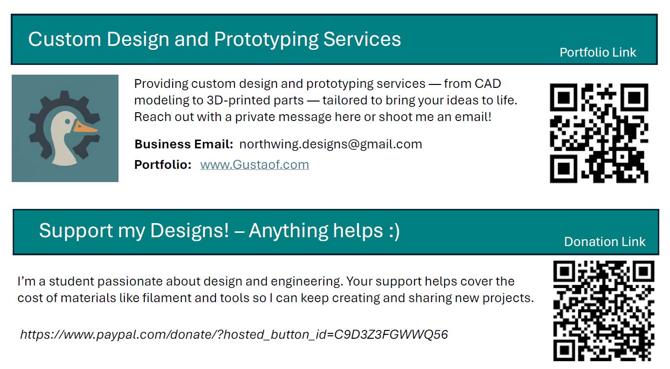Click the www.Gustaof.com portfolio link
(x=255, y=165)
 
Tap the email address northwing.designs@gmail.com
(x=331, y=144)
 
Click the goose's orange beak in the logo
(x=85, y=127)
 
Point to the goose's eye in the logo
(x=68, y=122)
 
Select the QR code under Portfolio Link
(x=599, y=133)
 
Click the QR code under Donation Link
(x=604, y=311)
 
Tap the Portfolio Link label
(x=598, y=52)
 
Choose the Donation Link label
(x=605, y=242)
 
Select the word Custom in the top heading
(x=64, y=39)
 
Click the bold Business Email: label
(x=184, y=144)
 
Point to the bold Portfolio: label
(x=163, y=165)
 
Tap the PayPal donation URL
(x=234, y=334)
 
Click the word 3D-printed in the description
(x=255, y=101)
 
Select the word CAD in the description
(x=488, y=84)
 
